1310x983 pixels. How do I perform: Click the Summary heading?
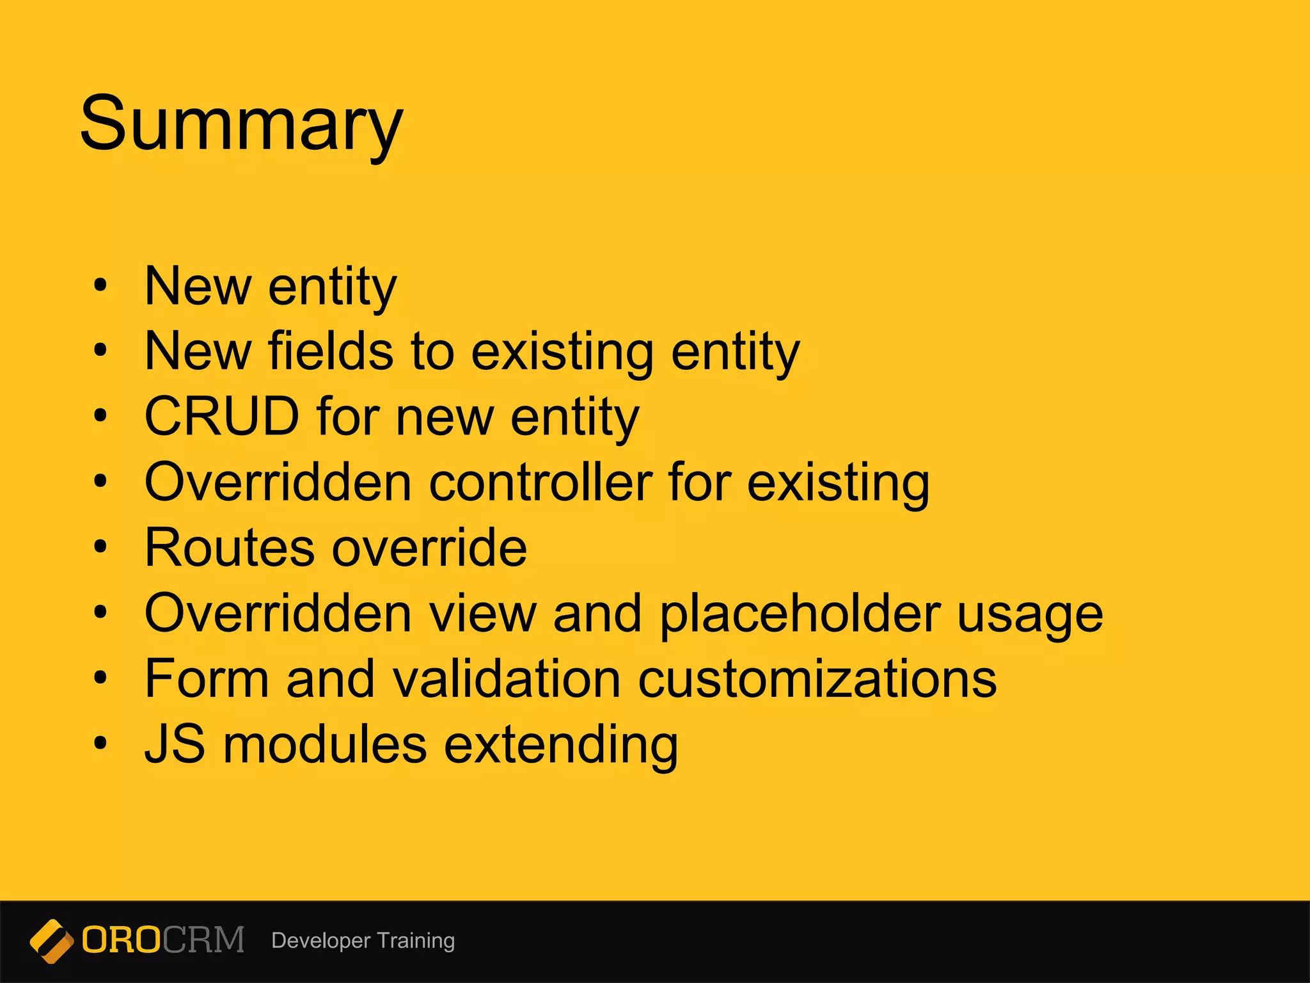[241, 124]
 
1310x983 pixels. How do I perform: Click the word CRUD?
[222, 417]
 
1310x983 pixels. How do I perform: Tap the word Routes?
[230, 548]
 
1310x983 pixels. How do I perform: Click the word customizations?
[817, 679]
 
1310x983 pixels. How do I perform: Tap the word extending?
[561, 746]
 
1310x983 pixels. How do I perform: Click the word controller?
[541, 483]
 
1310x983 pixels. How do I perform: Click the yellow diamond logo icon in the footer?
[51, 941]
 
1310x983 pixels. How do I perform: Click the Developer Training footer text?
[363, 941]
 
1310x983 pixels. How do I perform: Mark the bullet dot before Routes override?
[100, 547]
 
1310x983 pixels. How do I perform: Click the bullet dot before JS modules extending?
[100, 744]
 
